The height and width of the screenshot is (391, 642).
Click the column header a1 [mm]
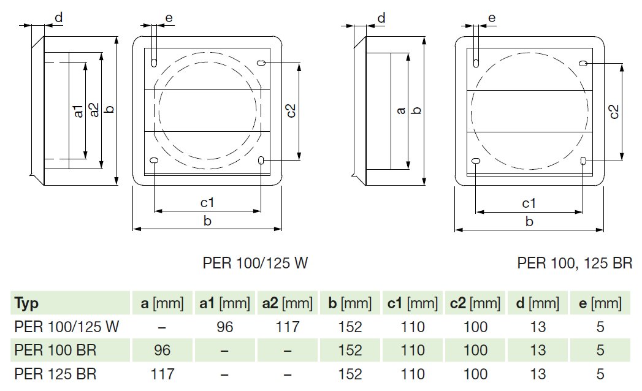click(224, 303)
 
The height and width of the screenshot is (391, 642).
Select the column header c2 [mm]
click(475, 303)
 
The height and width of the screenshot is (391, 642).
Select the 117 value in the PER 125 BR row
click(162, 373)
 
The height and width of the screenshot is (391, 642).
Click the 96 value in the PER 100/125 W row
click(224, 327)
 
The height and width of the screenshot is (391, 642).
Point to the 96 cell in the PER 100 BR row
click(162, 350)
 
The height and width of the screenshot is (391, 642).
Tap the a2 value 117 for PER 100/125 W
click(287, 327)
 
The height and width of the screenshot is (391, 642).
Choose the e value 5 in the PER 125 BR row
click(600, 373)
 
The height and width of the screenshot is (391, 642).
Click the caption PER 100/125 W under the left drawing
click(255, 264)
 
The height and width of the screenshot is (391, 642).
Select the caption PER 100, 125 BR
click(575, 264)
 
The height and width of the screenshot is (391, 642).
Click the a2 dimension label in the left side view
click(94, 110)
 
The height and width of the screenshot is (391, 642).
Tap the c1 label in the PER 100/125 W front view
click(207, 203)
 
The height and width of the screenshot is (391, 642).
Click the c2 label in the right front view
click(614, 111)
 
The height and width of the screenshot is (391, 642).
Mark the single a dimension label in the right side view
click(401, 111)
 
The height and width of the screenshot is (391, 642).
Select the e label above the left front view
click(169, 18)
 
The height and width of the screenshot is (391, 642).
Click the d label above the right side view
click(381, 18)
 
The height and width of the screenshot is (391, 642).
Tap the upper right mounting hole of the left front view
click(262, 63)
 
